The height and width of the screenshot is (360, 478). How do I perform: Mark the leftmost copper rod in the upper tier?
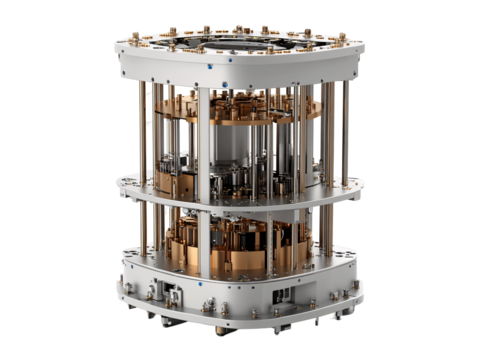(x=143, y=130)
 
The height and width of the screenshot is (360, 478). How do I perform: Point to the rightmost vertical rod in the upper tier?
(x=343, y=125)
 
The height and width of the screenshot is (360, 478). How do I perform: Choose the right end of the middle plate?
(x=362, y=186)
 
